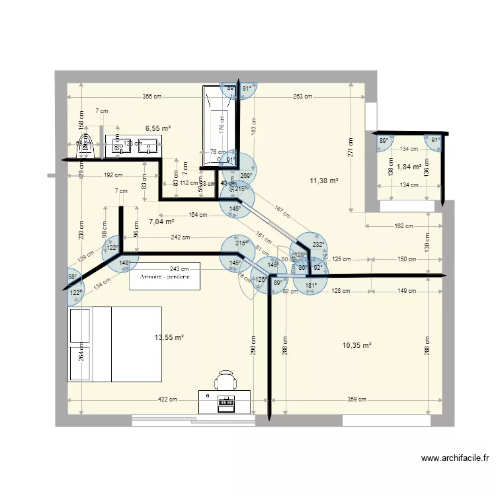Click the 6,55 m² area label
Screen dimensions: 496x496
158,128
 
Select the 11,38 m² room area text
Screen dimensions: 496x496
324,181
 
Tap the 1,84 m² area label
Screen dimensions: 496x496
408,167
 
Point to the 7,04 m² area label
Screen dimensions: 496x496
161,222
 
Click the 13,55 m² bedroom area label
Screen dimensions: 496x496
169,337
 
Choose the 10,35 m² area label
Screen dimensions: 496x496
357,345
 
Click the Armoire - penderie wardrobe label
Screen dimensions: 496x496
165,277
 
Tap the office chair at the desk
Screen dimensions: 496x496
226,381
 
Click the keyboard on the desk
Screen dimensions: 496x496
226,401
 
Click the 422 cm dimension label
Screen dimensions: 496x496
167,399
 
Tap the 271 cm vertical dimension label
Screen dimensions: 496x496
351,147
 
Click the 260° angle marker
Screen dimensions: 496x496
245,176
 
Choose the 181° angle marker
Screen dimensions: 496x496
311,286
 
